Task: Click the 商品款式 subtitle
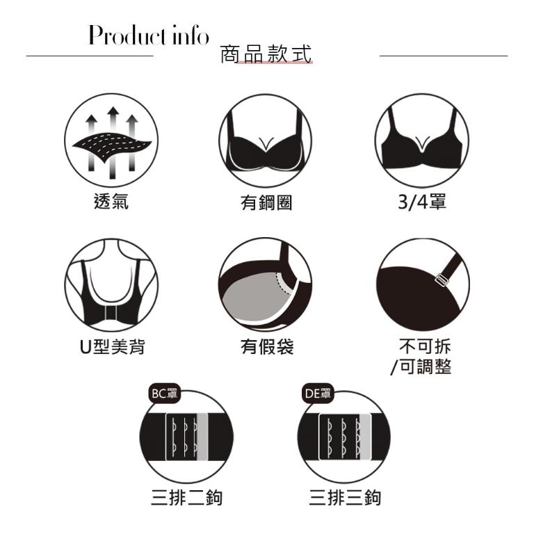pyautogui.click(x=266, y=54)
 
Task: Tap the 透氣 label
pyautogui.click(x=111, y=202)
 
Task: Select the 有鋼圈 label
pyautogui.click(x=266, y=202)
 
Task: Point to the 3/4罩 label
pyautogui.click(x=421, y=202)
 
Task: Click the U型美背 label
pyautogui.click(x=111, y=346)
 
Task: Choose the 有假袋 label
pyautogui.click(x=266, y=346)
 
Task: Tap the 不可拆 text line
pyautogui.click(x=421, y=346)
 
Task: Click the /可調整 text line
pyautogui.click(x=420, y=366)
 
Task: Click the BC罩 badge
pyautogui.click(x=164, y=393)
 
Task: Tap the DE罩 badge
pyautogui.click(x=318, y=393)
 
